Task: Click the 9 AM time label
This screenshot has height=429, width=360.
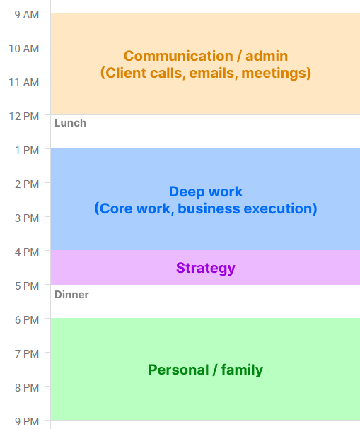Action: pyautogui.click(x=28, y=13)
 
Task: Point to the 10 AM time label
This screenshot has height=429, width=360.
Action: pyautogui.click(x=25, y=48)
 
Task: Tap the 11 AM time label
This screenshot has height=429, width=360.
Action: pyautogui.click(x=25, y=82)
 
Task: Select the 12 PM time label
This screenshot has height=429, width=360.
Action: pyautogui.click(x=25, y=116)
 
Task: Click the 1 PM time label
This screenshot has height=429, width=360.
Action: pyautogui.click(x=28, y=150)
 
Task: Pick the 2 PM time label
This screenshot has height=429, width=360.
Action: pyautogui.click(x=28, y=184)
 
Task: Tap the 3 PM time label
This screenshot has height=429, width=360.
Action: pyautogui.click(x=28, y=218)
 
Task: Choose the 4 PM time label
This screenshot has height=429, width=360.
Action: pyautogui.click(x=28, y=252)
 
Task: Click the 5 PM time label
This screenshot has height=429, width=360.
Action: pyautogui.click(x=28, y=286)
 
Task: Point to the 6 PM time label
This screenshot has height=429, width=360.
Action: pyautogui.click(x=28, y=319)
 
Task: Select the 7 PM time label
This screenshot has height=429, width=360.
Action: pyautogui.click(x=28, y=353)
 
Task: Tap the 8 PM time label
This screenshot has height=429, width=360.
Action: pyautogui.click(x=28, y=387)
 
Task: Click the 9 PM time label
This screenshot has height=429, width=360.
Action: pyautogui.click(x=28, y=421)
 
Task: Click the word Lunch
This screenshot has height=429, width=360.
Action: pyautogui.click(x=70, y=123)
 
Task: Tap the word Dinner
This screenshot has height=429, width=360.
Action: pyautogui.click(x=71, y=294)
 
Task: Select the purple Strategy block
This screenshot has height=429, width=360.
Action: pyautogui.click(x=205, y=268)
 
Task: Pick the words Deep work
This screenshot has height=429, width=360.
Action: pyautogui.click(x=205, y=192)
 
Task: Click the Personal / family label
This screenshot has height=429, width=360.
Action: pyautogui.click(x=205, y=370)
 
